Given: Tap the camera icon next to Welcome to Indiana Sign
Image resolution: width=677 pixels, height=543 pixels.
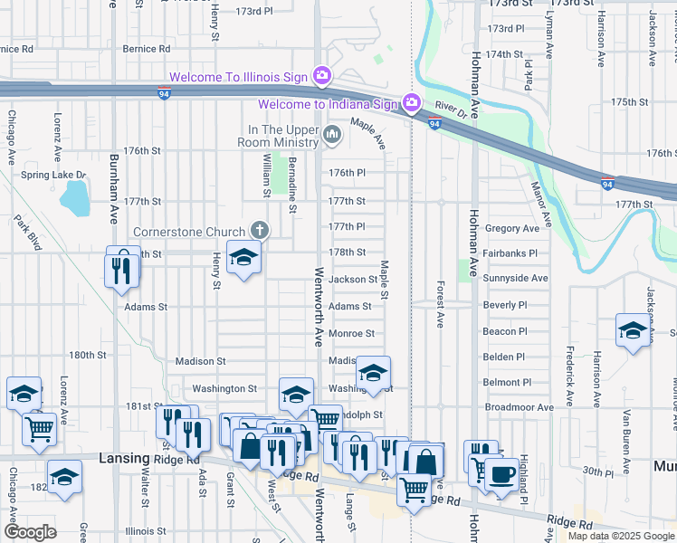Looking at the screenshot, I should point(412,103).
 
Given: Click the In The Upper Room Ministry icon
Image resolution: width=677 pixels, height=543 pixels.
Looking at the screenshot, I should point(332,136).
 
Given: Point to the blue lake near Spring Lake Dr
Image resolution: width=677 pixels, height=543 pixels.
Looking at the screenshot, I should point(75,198).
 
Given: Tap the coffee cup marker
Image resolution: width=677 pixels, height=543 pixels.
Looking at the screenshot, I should point(501,473).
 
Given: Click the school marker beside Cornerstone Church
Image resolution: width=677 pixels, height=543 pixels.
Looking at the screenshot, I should point(243,260).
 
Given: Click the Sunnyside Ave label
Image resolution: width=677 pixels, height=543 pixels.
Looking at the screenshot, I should point(515,278).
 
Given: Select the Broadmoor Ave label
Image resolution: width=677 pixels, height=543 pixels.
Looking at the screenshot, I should point(519,407).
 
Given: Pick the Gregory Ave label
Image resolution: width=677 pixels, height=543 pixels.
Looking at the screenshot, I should point(511,229).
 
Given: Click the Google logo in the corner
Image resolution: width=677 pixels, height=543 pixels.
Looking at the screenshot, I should point(29,532).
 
